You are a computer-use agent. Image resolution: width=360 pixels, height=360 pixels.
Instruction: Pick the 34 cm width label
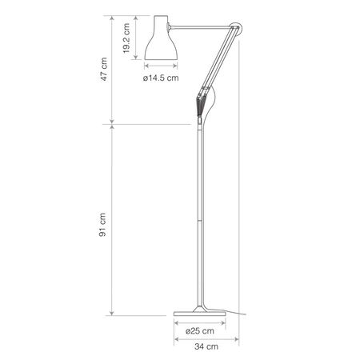[203, 346]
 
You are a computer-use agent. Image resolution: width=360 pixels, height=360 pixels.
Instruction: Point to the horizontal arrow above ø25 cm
[195, 322]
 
